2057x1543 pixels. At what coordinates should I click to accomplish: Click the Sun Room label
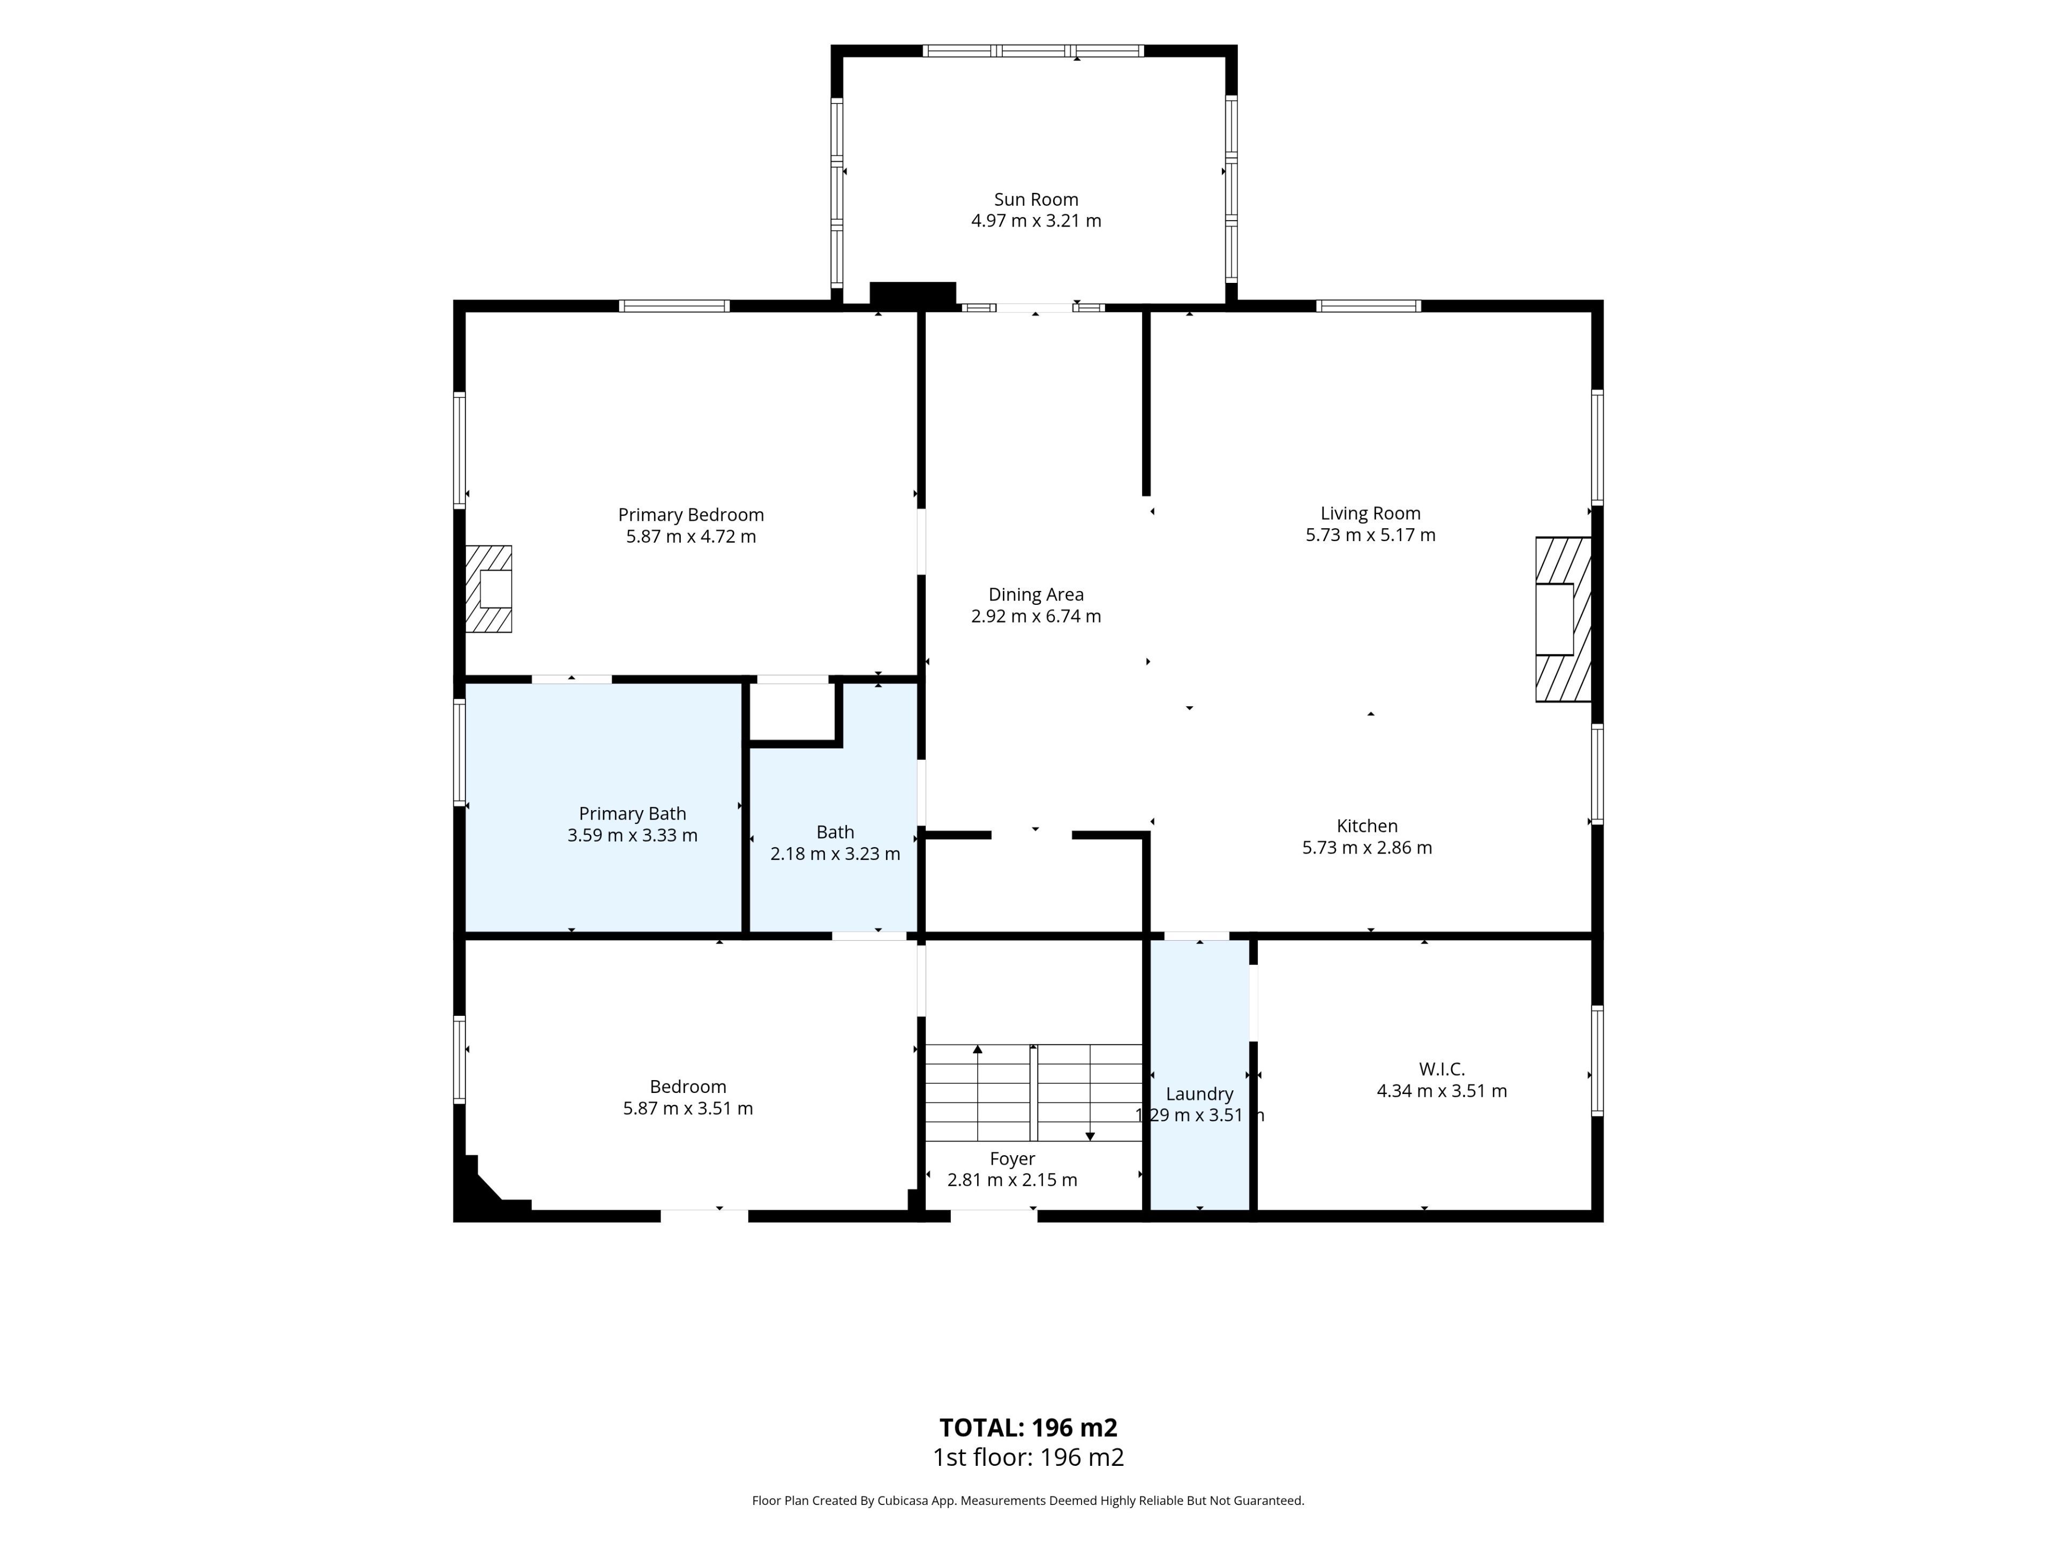[x=1036, y=199]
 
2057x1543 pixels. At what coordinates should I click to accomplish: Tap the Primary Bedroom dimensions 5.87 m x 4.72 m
[x=691, y=537]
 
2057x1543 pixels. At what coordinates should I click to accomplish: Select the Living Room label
[x=1371, y=513]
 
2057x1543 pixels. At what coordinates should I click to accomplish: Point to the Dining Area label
[x=1036, y=594]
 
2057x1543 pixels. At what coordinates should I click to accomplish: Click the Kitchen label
[x=1367, y=826]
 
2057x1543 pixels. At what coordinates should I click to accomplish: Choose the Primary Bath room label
[x=632, y=814]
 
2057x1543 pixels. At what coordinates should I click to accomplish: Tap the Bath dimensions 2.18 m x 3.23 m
[x=835, y=854]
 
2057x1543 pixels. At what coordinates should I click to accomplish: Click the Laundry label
[x=1199, y=1094]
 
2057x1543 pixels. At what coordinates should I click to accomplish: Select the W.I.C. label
[x=1442, y=1069]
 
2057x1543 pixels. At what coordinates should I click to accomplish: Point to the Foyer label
[x=1012, y=1159]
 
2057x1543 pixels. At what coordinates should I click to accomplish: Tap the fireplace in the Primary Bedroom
[x=488, y=589]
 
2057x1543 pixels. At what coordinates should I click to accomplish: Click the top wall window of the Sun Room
[x=1033, y=51]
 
